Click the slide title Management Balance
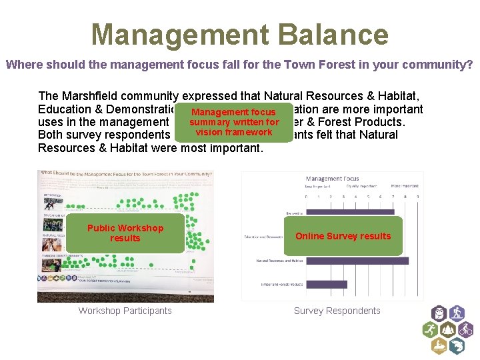pyautogui.click(x=239, y=34)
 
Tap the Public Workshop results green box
pyautogui.click(x=125, y=233)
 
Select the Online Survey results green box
pyautogui.click(x=343, y=236)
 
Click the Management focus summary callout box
pyautogui.click(x=234, y=122)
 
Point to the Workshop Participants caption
pyautogui.click(x=125, y=311)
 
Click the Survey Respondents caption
pyautogui.click(x=337, y=311)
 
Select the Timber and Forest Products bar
pyautogui.click(x=326, y=285)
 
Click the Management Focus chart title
pyautogui.click(x=332, y=179)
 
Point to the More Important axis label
pyautogui.click(x=405, y=188)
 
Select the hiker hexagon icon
pyautogui.click(x=457, y=313)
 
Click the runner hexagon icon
pyautogui.click(x=430, y=330)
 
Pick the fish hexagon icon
pyautogui.click(x=457, y=346)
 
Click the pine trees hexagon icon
pyautogui.click(x=448, y=330)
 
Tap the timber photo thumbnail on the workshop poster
pyautogui.click(x=49, y=264)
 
